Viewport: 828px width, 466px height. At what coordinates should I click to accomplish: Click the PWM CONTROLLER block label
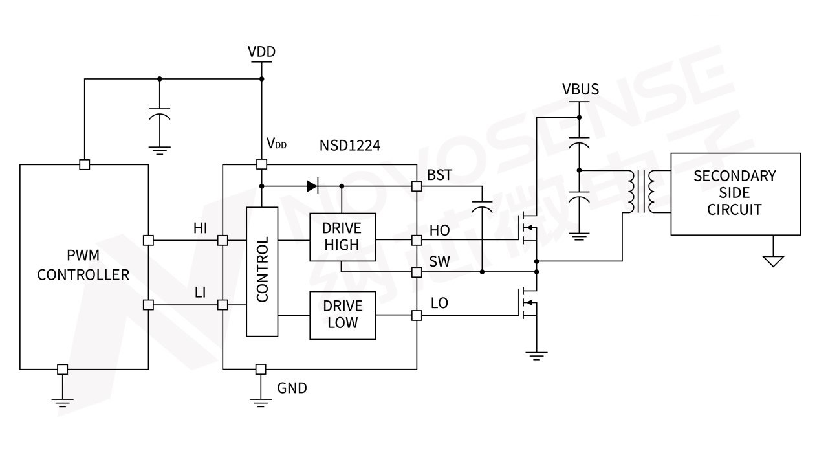[83, 265]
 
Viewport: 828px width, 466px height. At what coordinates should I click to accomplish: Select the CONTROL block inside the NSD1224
[262, 271]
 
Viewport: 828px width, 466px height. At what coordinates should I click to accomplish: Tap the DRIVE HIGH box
[342, 236]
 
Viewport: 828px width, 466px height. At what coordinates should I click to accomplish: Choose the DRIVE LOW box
[342, 315]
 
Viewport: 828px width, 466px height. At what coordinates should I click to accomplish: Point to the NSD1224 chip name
[350, 146]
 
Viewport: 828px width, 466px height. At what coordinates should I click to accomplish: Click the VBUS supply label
[580, 89]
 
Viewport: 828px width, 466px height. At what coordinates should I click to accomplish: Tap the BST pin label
[440, 175]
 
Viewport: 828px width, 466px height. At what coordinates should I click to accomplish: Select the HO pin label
[439, 230]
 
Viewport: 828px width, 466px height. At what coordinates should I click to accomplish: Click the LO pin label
[439, 303]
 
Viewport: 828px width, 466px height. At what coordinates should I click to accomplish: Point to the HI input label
[201, 228]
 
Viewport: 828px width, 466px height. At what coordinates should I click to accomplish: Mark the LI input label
[201, 292]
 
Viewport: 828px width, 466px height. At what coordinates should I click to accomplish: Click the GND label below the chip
[292, 388]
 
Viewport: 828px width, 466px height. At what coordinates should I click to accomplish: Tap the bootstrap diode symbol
[312, 186]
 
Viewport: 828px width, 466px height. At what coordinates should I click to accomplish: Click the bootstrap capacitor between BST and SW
[482, 207]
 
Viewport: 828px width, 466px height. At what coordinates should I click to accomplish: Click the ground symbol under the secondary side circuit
[773, 261]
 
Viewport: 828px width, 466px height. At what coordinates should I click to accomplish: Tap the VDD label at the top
[261, 52]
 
